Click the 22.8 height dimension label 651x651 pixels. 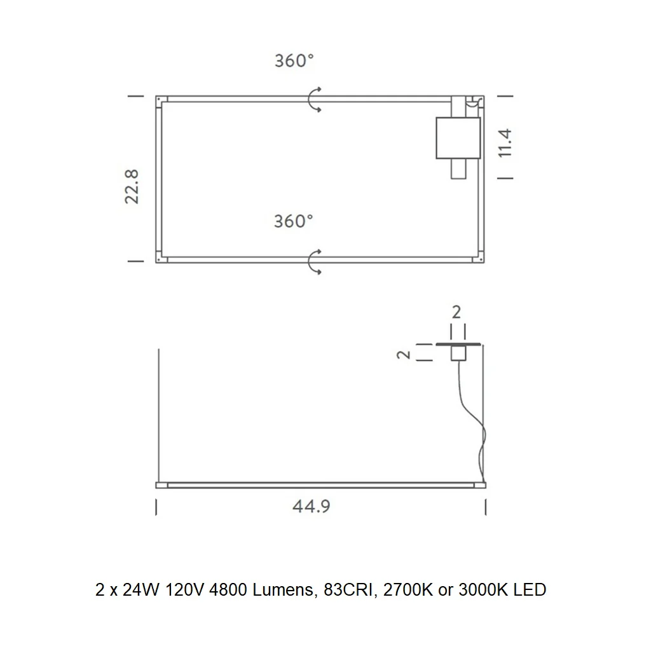point(132,186)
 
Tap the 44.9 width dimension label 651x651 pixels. point(312,507)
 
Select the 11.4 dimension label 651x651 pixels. point(505,143)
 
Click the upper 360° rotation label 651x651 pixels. point(294,60)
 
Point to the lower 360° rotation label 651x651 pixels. point(293,221)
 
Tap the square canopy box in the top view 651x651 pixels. point(458,138)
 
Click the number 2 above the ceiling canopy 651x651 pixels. point(456,312)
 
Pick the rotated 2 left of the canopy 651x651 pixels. point(404,354)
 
